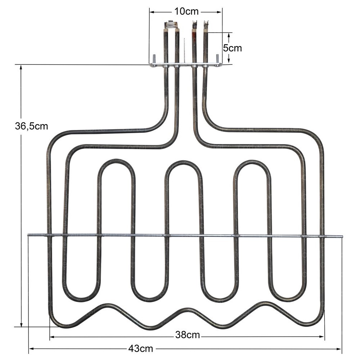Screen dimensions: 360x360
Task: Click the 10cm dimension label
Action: [186, 11]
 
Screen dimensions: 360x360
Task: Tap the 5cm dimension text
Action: [233, 48]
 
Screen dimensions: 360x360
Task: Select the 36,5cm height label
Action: [31, 126]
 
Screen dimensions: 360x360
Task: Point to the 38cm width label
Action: [188, 335]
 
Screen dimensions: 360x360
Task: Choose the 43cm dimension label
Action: [141, 348]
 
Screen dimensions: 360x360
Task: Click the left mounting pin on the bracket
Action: [154, 58]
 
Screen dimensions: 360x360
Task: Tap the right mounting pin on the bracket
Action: [217, 58]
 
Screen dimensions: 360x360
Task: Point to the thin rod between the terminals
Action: [184, 50]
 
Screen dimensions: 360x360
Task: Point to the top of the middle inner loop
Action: [184, 162]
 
